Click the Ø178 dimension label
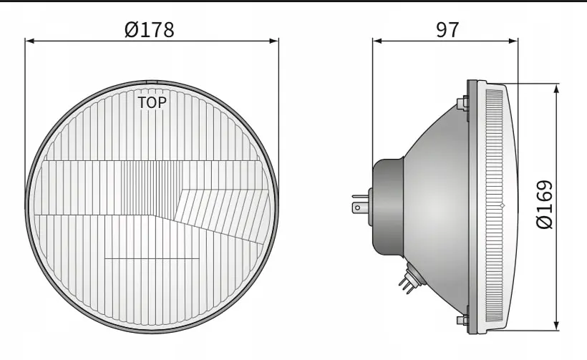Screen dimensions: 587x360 tap(150, 29)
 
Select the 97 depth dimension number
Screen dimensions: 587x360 tap(447, 29)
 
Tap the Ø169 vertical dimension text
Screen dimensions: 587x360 tap(545, 204)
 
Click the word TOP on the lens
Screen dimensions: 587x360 tap(152, 102)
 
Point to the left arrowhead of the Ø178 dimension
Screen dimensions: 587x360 tap(29, 40)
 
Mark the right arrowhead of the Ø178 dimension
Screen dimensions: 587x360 tap(274, 40)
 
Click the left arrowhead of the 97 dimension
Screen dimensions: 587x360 tap(377, 40)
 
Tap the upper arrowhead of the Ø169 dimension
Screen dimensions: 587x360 tap(557, 88)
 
